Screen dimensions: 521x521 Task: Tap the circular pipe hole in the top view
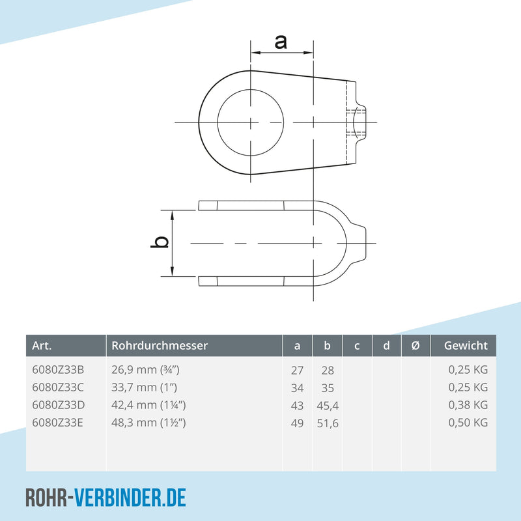tap(251, 122)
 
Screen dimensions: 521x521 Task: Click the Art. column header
tap(42, 346)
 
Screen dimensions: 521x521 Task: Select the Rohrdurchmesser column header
tap(160, 346)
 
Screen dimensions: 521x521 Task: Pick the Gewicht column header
tap(466, 346)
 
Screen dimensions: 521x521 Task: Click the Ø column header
tap(415, 346)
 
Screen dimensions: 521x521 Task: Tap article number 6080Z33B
tap(58, 370)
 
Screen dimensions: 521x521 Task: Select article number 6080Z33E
tap(58, 423)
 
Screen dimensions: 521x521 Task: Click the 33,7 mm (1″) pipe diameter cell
tap(145, 387)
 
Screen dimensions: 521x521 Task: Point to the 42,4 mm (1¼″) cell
tap(149, 405)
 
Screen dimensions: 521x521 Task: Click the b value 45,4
tap(328, 405)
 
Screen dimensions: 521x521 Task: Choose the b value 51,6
tap(328, 423)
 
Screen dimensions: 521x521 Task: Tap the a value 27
tap(297, 370)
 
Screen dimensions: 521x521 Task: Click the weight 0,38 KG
tap(468, 405)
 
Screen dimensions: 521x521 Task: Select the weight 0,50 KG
tap(468, 423)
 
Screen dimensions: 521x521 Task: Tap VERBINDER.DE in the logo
tap(130, 498)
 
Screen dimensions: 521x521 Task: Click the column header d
tap(386, 346)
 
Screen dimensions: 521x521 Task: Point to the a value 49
tap(297, 423)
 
